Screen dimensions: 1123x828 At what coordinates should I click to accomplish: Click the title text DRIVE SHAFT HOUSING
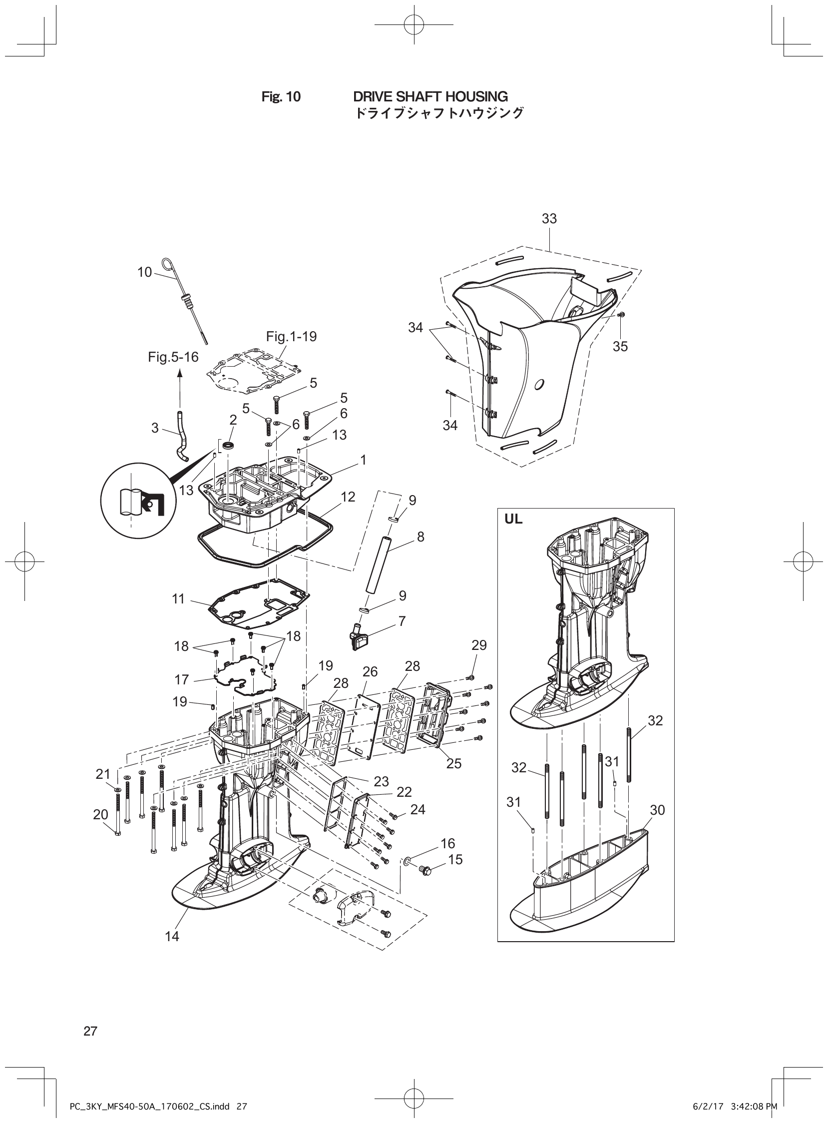point(430,96)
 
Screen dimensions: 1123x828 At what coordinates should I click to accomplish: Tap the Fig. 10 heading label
point(281,97)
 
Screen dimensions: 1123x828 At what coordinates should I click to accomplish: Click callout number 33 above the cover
point(549,219)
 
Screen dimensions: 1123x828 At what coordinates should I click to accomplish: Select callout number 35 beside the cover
point(620,346)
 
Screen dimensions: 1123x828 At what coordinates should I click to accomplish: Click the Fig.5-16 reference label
point(173,357)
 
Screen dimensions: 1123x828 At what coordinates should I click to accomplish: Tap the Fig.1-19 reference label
point(291,336)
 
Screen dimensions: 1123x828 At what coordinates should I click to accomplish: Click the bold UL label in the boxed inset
point(513,520)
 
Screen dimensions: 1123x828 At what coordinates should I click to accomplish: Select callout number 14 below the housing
point(172,936)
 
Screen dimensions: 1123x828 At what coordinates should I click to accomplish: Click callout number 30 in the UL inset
point(657,810)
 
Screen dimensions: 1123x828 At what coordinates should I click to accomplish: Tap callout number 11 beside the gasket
point(178,598)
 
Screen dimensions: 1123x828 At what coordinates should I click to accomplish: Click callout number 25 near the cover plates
point(453,763)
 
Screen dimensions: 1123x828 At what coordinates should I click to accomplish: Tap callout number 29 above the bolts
point(479,645)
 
